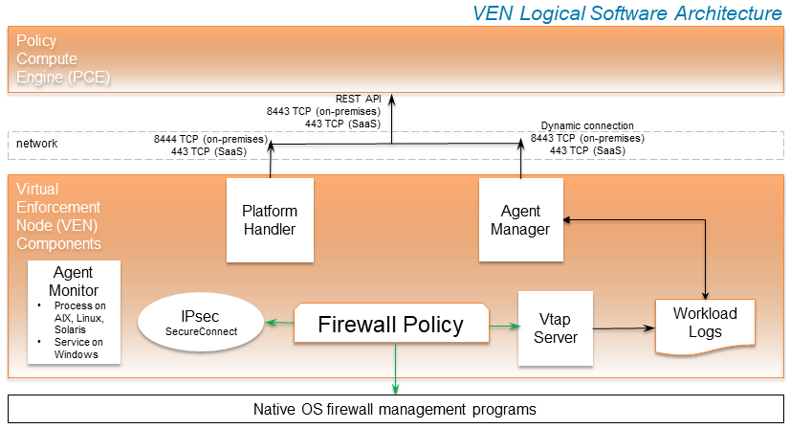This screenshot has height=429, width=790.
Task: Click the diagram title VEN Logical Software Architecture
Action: tap(627, 13)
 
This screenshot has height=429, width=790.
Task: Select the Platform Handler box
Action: tap(270, 220)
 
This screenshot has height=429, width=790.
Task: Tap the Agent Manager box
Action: tap(520, 220)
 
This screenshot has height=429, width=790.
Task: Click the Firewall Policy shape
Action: tap(390, 324)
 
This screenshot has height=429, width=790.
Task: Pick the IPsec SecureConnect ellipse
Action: tap(201, 322)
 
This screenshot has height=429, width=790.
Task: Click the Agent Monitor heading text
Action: tap(75, 282)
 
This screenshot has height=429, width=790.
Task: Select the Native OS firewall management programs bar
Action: tap(394, 409)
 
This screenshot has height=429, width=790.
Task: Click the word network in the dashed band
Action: tap(37, 144)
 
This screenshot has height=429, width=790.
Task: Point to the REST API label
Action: tap(358, 99)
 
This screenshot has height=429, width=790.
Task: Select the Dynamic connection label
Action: tap(586, 125)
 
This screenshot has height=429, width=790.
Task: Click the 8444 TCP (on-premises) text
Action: tap(210, 139)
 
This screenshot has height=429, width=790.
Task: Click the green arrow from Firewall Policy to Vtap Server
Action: tap(503, 327)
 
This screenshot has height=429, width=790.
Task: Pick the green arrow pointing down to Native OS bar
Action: tap(394, 369)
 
